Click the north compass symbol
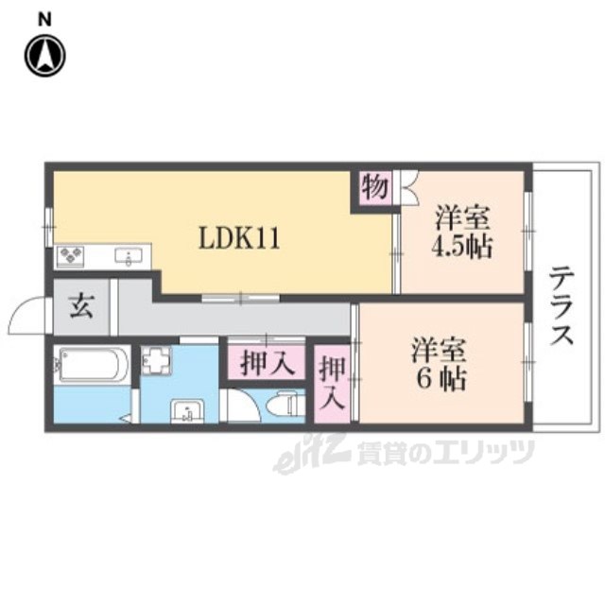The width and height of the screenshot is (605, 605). point(44,55)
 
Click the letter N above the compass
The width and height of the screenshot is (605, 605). point(44,18)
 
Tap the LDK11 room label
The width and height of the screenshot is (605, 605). point(237,239)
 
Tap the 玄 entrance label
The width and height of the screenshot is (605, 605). point(80,308)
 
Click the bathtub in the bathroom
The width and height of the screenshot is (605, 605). point(92,365)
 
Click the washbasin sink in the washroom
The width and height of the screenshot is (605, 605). point(187,411)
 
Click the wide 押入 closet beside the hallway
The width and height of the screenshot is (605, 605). point(265,363)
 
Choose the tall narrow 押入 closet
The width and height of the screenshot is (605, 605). point(332,382)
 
